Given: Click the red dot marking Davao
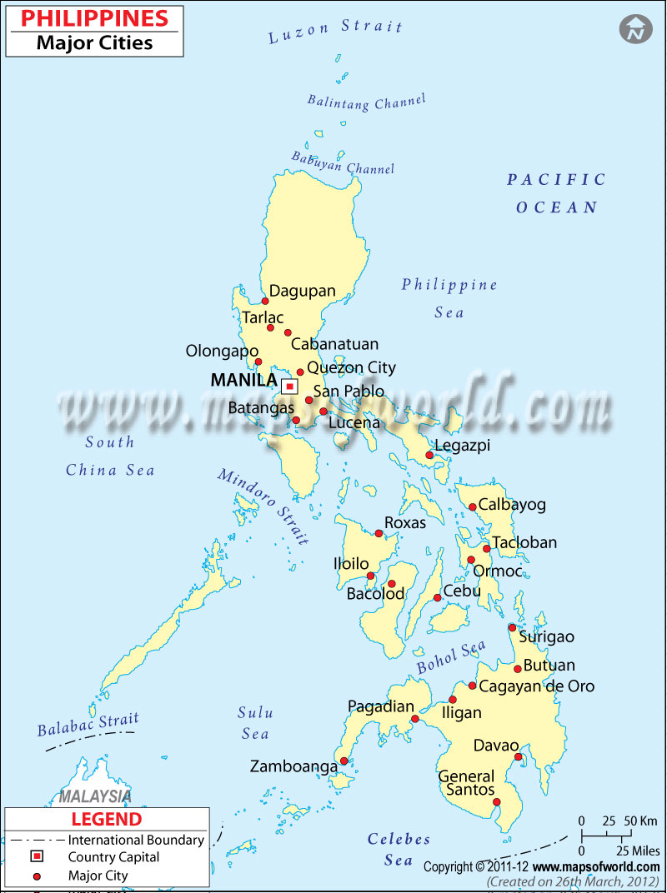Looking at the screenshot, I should (x=518, y=757).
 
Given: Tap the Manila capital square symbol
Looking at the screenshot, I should (x=289, y=387).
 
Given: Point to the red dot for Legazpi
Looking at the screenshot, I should (x=429, y=455).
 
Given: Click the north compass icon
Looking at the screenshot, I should (x=635, y=29).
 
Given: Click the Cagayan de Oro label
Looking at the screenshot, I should (x=537, y=686).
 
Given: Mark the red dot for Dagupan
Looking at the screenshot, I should (x=265, y=302).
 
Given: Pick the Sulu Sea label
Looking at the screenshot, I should (x=254, y=723).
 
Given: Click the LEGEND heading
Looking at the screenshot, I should (x=106, y=821).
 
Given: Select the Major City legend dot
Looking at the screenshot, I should (x=37, y=876).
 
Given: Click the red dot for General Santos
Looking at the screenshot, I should (x=497, y=803).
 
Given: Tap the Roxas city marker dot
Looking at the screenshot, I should (x=379, y=533).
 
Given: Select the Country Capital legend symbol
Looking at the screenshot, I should (x=37, y=857).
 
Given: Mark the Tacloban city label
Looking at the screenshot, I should (x=524, y=543).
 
